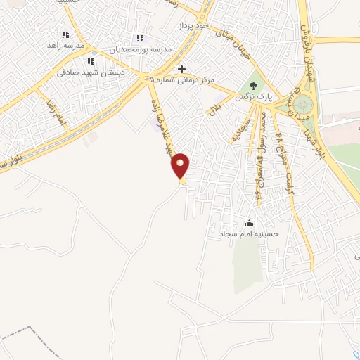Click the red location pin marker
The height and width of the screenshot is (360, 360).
point(181,165)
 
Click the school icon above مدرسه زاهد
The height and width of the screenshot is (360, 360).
point(65,34)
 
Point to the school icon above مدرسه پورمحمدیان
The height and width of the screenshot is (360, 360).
point(139,38)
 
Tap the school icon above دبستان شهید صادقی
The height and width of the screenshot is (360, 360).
point(91,61)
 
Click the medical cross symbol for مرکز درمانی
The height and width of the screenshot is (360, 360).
point(182,69)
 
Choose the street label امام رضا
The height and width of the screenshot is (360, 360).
point(55,112)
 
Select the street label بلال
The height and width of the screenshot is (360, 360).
point(216,107)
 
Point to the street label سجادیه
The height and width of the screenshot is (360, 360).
point(236,129)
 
